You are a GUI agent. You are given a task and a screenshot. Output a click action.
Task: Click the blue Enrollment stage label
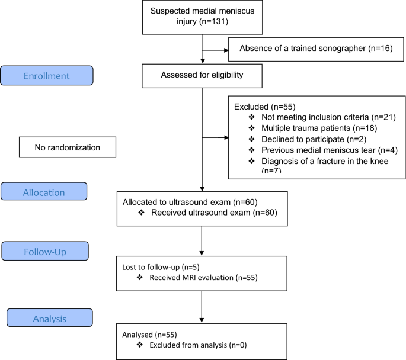[47, 76]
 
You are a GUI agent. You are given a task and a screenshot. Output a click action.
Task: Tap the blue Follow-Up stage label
[46, 251]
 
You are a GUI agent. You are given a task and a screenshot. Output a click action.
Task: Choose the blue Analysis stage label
[49, 317]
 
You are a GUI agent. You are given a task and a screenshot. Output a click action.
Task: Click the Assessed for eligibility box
[202, 75]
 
